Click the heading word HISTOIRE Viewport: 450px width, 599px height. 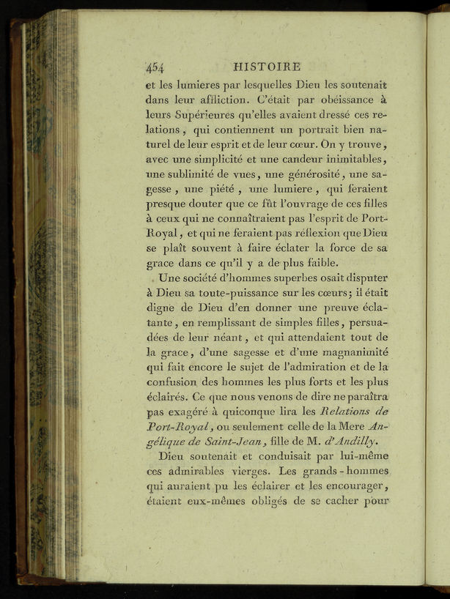[276, 66]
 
